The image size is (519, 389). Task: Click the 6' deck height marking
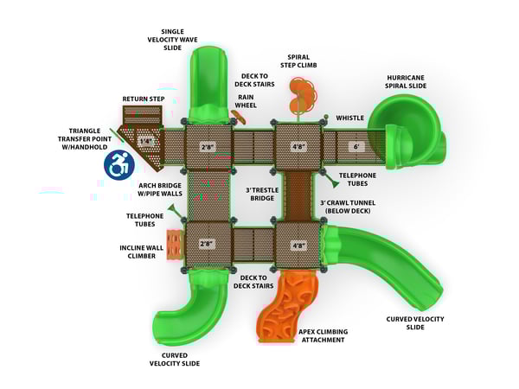pyautogui.click(x=355, y=146)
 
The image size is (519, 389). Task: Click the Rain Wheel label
pyautogui.click(x=247, y=101)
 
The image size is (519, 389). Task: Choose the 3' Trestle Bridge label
pyautogui.click(x=260, y=193)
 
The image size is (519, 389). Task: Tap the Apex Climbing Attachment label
pyautogui.click(x=322, y=335)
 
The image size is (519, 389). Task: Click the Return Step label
pyautogui.click(x=143, y=99)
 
